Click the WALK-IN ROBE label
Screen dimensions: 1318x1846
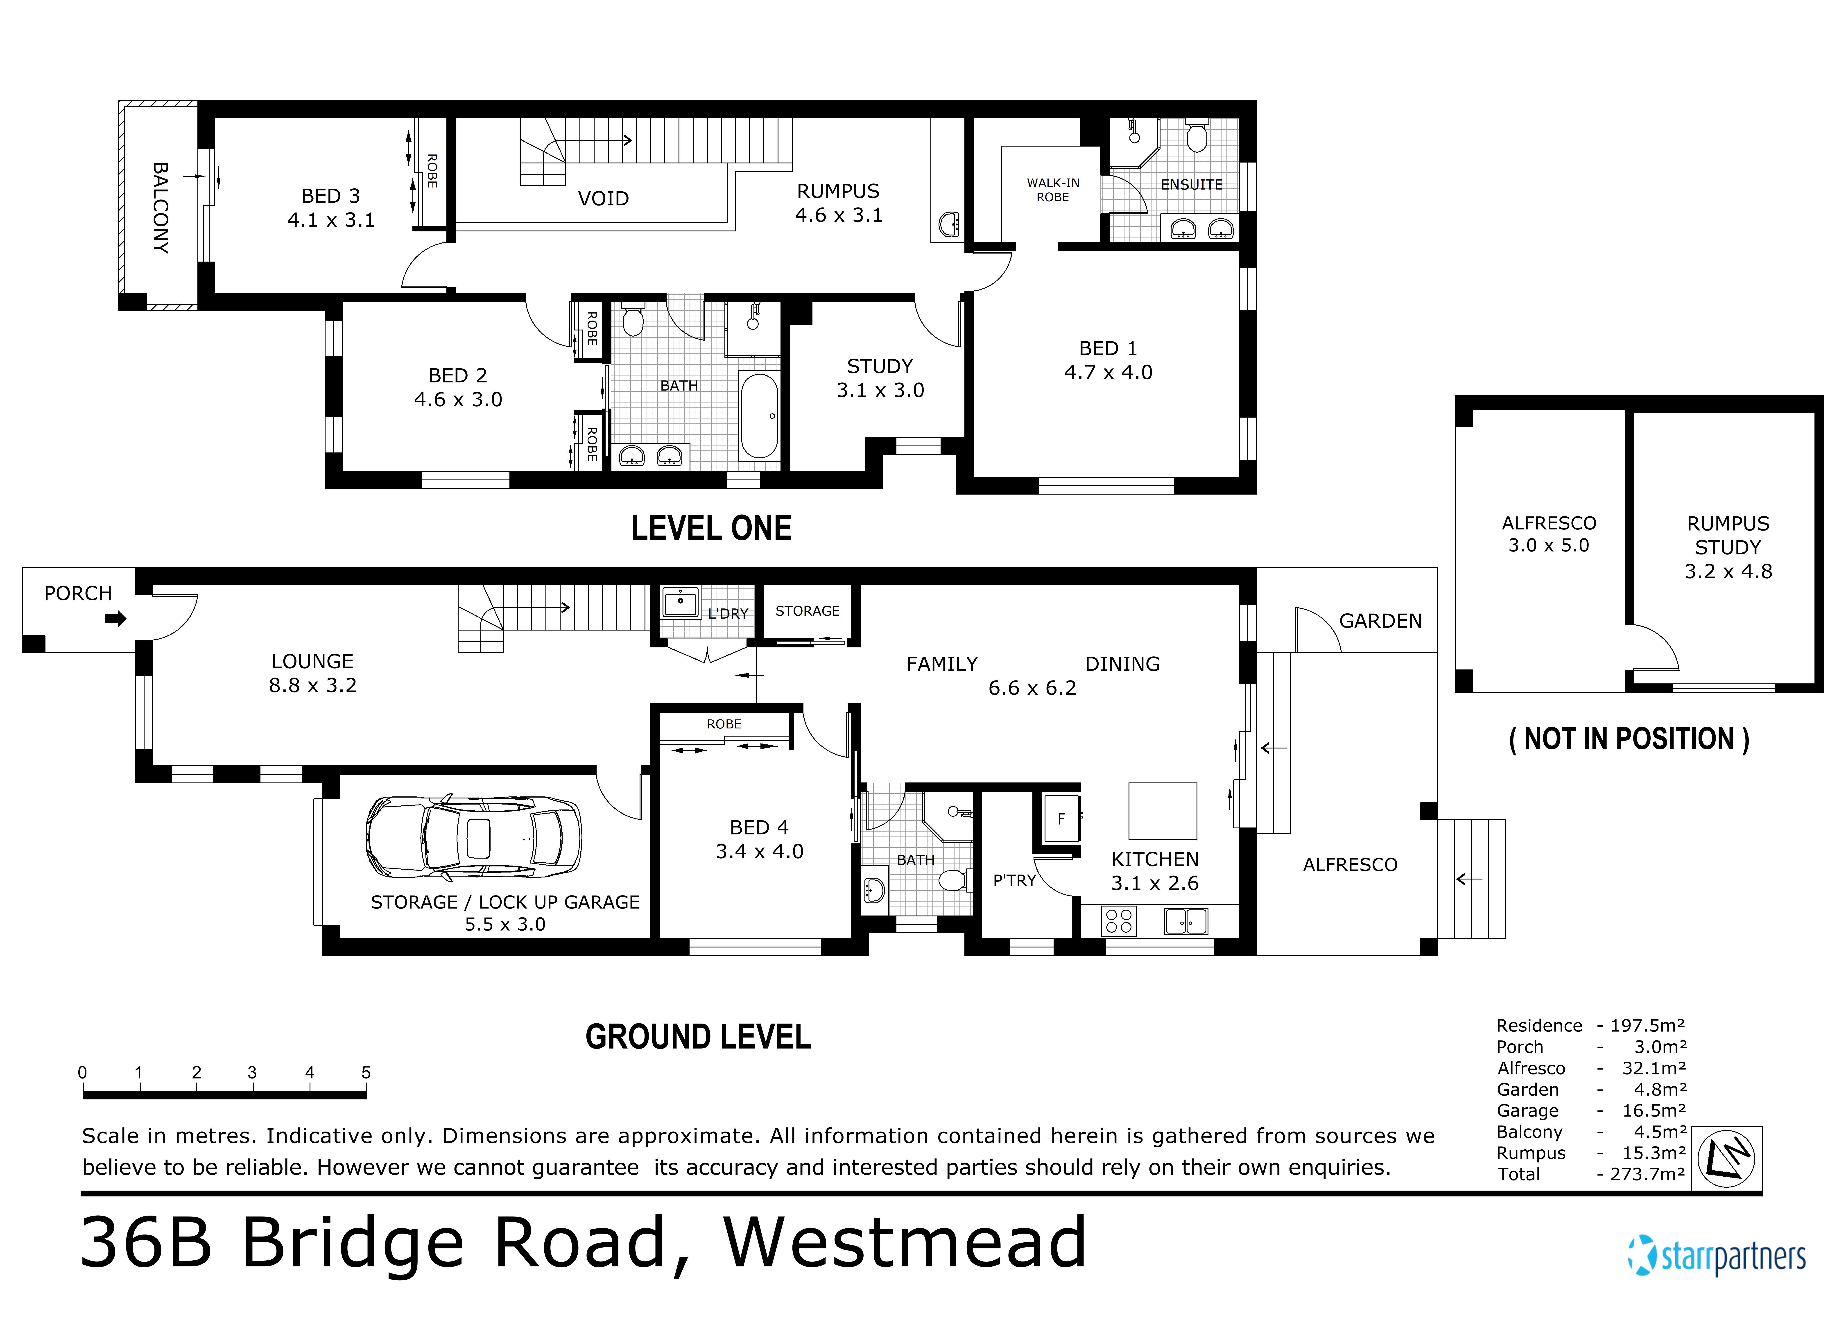click(x=1052, y=190)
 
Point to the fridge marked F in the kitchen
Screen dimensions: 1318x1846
click(x=1061, y=819)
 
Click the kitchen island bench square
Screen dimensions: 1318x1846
click(x=1163, y=810)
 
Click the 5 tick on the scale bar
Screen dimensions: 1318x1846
click(x=366, y=1073)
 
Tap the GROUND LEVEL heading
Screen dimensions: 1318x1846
click(x=698, y=1037)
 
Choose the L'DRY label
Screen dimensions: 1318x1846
click(x=727, y=614)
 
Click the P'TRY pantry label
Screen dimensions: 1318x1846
click(x=1014, y=881)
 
